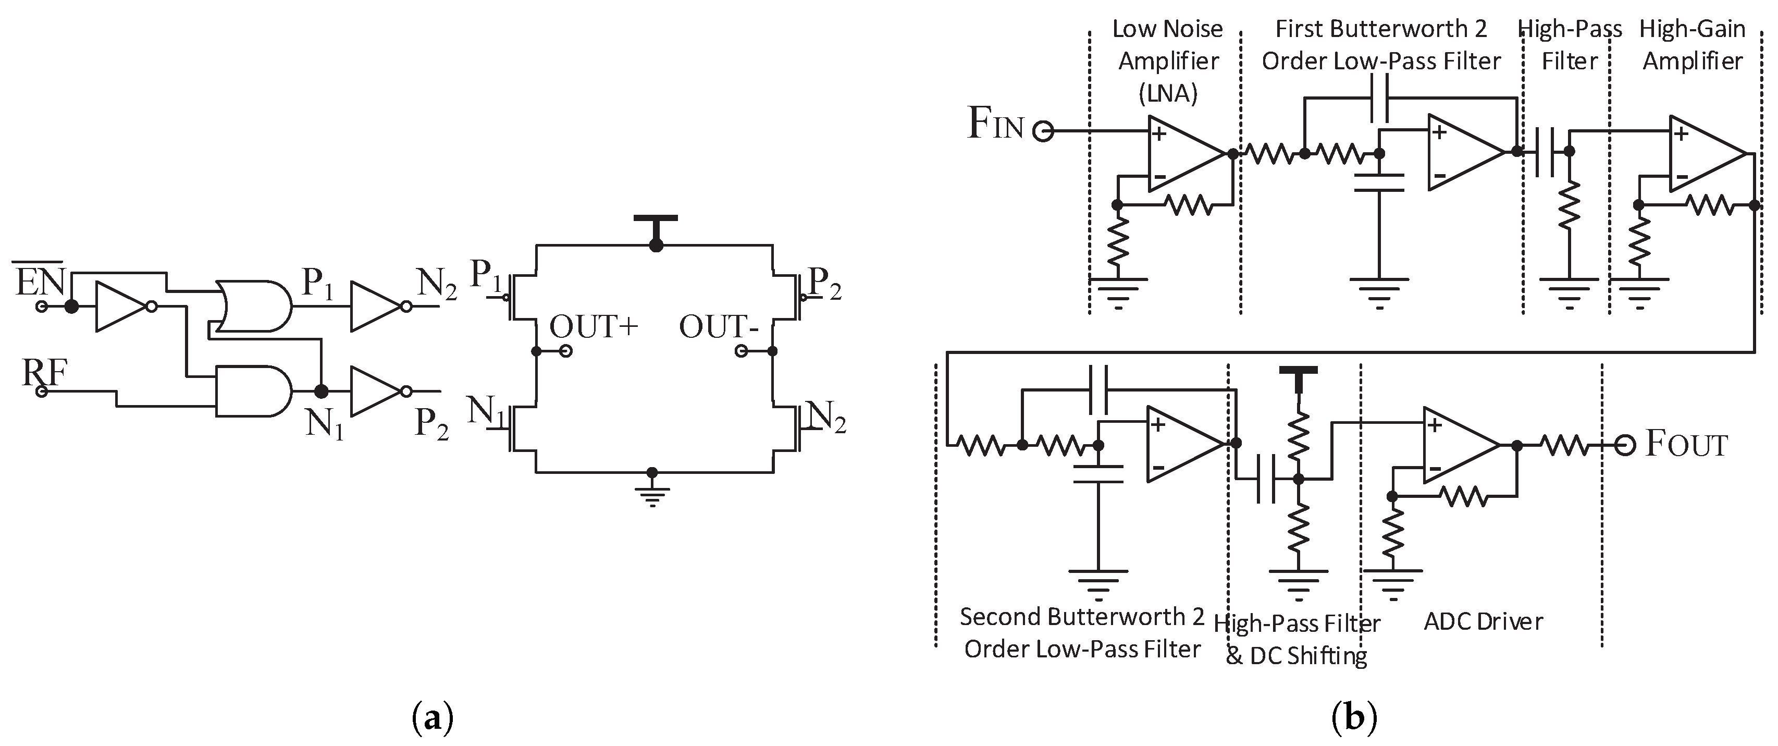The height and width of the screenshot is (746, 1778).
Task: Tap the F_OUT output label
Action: (x=1686, y=444)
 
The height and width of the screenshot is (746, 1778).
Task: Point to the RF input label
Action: (x=44, y=373)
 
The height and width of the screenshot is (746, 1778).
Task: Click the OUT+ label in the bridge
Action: (x=594, y=327)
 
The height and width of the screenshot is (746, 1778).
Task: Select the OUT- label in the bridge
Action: (x=719, y=327)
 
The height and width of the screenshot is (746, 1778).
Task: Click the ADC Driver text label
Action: (x=1483, y=621)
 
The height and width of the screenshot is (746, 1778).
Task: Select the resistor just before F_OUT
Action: (x=1567, y=446)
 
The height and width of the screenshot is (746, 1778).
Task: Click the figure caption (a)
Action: (x=433, y=719)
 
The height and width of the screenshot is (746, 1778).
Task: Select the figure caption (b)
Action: (x=1353, y=719)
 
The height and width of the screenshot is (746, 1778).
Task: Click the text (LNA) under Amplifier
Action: (x=1168, y=93)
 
